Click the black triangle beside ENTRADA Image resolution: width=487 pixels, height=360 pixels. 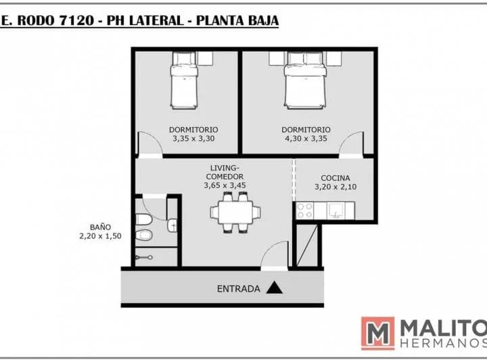coord(274,288)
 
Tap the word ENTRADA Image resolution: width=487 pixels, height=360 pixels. coord(238,289)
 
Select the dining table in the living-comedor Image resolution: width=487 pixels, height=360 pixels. coord(235,212)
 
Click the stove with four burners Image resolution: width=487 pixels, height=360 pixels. coord(304,210)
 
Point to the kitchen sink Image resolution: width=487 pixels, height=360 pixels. coord(335,210)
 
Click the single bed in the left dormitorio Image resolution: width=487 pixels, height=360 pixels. coord(184,81)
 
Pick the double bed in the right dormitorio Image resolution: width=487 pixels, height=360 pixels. coord(305,81)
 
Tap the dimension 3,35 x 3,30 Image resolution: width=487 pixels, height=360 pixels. coord(193,139)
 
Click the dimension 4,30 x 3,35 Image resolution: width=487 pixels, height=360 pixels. coord(306,139)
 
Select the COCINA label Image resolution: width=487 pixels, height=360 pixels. coord(335,178)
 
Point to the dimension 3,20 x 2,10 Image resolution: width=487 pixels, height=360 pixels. coord(335,187)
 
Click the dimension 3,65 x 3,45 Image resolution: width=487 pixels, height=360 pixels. coord(225,185)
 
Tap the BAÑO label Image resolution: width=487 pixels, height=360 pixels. coord(100,227)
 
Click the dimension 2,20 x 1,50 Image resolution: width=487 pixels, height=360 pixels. coord(100,236)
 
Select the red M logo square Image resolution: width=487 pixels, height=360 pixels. coord(377,334)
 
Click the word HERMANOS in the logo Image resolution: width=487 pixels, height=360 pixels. coord(444,344)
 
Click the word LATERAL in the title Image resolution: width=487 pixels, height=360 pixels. coord(156,20)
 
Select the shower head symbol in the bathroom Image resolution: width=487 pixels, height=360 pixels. coord(144,258)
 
